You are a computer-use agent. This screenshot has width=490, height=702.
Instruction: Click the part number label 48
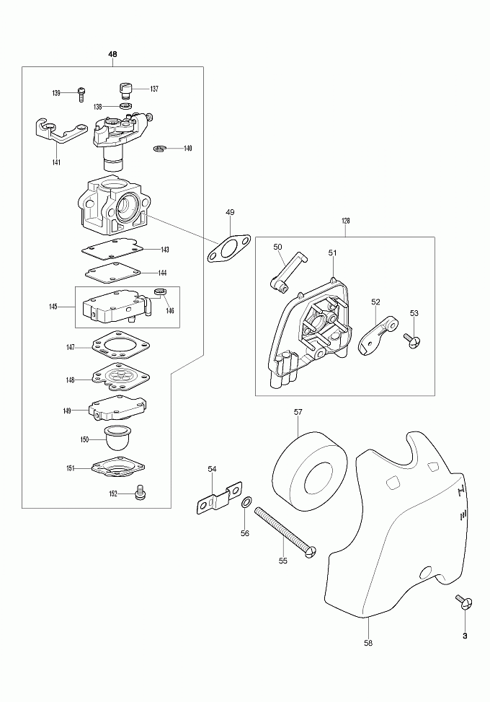112,55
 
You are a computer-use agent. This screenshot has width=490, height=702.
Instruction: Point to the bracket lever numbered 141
59,133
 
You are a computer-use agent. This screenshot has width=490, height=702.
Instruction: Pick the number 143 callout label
165,250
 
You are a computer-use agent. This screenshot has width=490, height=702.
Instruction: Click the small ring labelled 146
161,291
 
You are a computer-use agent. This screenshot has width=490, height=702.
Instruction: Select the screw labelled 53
411,339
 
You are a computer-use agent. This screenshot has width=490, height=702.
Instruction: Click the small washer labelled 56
246,502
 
